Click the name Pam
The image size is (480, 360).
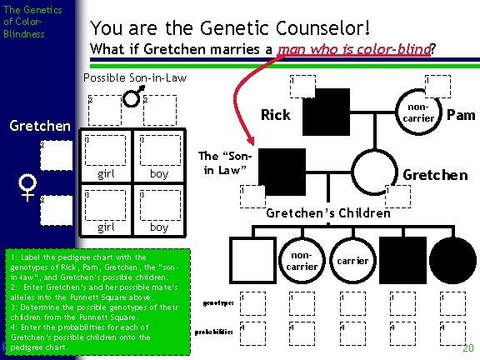pyautogui.click(x=461, y=114)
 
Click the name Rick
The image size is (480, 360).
pyautogui.click(x=276, y=114)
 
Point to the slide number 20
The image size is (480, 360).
pyautogui.click(x=468, y=347)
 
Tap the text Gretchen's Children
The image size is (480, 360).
pyautogui.click(x=327, y=212)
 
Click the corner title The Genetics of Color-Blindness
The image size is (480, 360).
pyautogui.click(x=26, y=22)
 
